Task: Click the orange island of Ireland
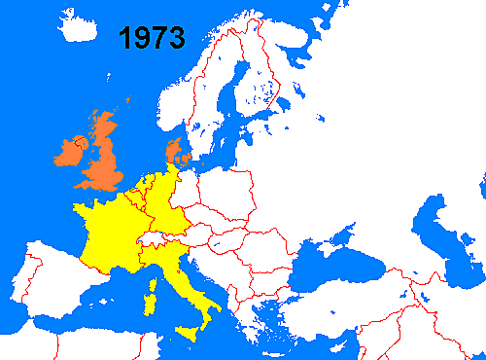click(x=71, y=154)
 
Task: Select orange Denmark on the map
click(x=172, y=150)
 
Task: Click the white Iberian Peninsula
click(x=49, y=292)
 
